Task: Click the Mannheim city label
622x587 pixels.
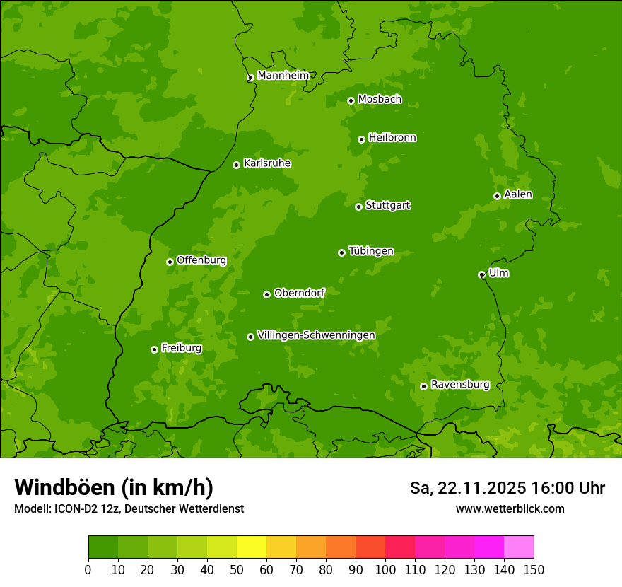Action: tap(283, 75)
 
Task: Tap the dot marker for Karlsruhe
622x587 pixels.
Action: tap(236, 165)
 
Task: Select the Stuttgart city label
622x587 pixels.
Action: tap(387, 205)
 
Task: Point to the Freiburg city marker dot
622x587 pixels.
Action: tap(154, 349)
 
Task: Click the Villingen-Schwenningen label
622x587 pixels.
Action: tap(316, 335)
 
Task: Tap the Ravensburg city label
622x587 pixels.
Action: tap(459, 385)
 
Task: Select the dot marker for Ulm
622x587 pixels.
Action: tap(481, 274)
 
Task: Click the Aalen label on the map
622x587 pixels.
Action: tap(518, 194)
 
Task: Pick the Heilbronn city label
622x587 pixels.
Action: tap(392, 137)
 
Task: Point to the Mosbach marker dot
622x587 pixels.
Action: tap(351, 100)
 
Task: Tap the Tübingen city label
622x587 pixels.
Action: tap(371, 251)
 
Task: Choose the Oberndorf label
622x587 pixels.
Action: tap(299, 292)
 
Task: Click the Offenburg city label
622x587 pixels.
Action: tap(201, 260)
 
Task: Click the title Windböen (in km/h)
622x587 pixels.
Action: tap(113, 487)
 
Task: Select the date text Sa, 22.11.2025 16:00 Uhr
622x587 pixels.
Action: tap(507, 488)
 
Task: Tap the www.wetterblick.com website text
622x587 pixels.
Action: tap(510, 508)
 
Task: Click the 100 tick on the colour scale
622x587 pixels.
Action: tap(385, 570)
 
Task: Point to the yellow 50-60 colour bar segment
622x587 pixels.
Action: tap(252, 547)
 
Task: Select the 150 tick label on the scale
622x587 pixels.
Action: tap(534, 570)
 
